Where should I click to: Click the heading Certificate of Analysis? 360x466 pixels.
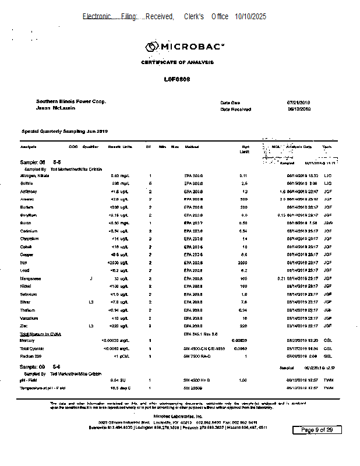(x=177, y=62)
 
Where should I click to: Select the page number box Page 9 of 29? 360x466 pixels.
(x=317, y=430)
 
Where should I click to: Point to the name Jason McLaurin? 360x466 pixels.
(x=55, y=108)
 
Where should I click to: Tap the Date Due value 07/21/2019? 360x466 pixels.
(x=299, y=102)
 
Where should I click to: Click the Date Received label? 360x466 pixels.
(x=235, y=109)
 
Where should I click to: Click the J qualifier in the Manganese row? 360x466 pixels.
(x=91, y=278)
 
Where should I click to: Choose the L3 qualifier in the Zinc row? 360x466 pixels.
(x=91, y=326)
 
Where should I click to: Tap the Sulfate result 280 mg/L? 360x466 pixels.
(x=120, y=183)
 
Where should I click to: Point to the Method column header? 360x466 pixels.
(x=192, y=147)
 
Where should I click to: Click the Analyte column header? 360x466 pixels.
(x=29, y=147)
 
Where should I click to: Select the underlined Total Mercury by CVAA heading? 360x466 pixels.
(x=40, y=334)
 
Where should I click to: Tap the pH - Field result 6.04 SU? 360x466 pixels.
(x=119, y=380)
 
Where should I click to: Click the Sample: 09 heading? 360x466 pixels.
(x=32, y=367)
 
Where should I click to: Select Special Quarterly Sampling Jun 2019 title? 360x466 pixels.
(x=65, y=132)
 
